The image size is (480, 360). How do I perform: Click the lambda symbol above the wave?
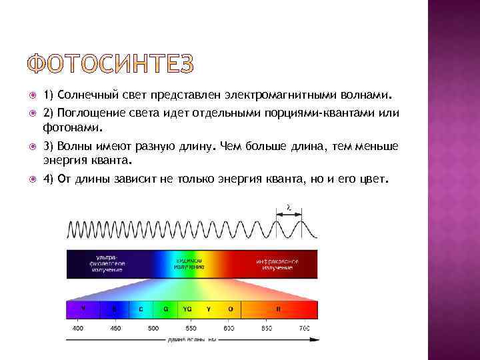click(288, 207)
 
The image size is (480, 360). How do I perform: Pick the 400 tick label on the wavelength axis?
click(78, 328)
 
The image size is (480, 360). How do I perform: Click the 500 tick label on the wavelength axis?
click(153, 328)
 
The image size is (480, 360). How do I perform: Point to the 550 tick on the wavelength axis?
click(191, 328)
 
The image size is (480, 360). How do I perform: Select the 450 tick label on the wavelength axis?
click(115, 328)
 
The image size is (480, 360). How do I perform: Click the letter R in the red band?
click(279, 309)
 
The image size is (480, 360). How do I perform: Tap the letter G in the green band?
click(165, 309)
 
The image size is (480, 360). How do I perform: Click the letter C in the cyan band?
click(141, 309)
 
